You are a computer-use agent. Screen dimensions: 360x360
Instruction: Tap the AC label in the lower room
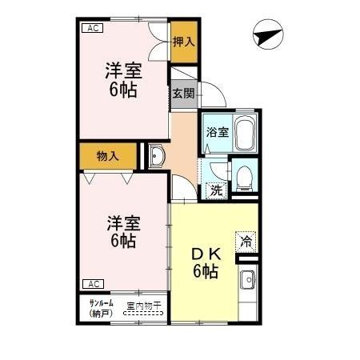tap(92, 284)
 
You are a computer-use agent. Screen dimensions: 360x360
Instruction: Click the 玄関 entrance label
tap(183, 93)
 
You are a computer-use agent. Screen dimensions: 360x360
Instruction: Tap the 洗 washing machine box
tap(214, 190)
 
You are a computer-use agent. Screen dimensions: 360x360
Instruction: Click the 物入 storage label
tap(107, 156)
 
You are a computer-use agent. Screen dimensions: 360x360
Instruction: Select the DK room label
tap(205, 254)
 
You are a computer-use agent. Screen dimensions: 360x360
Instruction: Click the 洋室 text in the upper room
tap(122, 70)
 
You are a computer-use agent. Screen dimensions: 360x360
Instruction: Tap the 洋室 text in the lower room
tap(122, 222)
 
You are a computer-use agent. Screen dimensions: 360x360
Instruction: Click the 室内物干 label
tap(144, 306)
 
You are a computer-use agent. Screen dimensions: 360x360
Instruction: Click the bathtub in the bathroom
tap(243, 131)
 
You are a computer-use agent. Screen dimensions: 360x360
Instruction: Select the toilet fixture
tap(244, 175)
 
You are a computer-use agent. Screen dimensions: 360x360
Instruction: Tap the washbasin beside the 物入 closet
tap(156, 155)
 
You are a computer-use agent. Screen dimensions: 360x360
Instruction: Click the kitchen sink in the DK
tap(248, 281)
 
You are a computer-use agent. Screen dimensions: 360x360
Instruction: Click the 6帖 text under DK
tap(205, 271)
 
